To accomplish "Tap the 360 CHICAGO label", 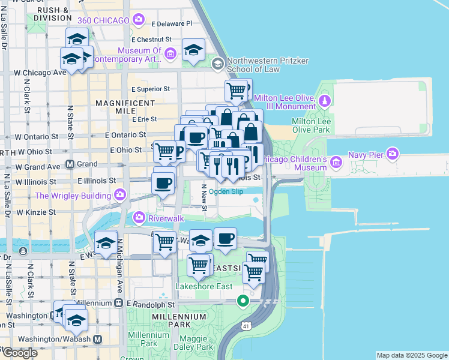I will (103, 20).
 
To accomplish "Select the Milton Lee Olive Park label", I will (310, 125).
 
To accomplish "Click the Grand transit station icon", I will (70, 163).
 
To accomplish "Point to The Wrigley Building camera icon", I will (120, 195).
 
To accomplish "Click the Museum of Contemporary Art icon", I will (170, 55).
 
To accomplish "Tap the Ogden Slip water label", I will (228, 191).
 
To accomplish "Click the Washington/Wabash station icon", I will (97, 339).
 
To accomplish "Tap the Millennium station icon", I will (119, 304).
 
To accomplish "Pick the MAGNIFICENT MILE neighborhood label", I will (126, 108).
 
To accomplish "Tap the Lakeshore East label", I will (203, 286).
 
